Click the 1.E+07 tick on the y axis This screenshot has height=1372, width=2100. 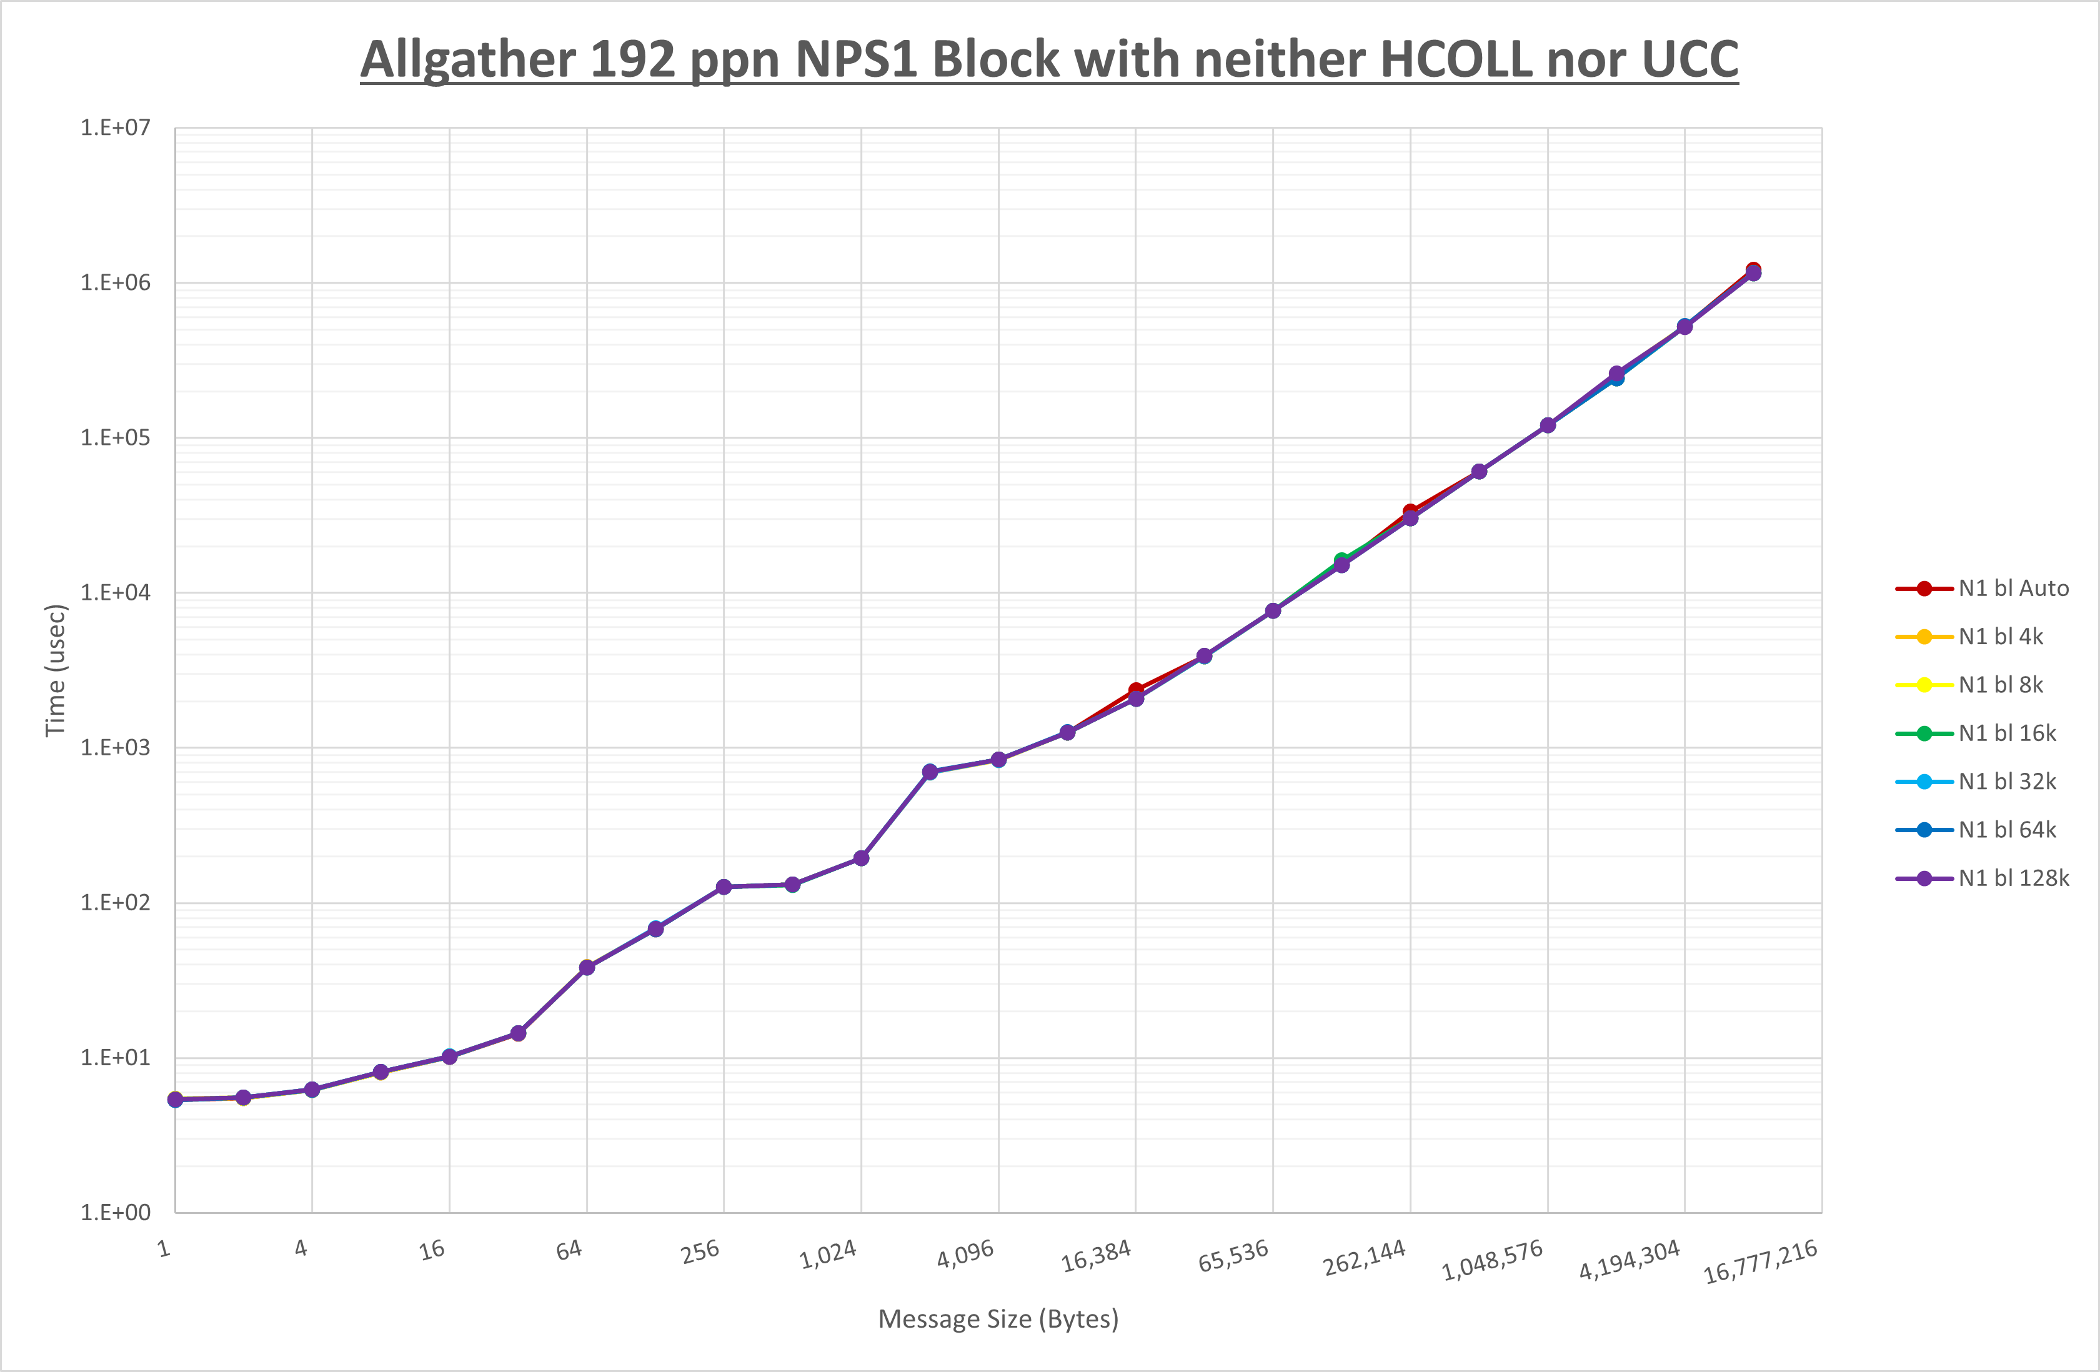click(116, 128)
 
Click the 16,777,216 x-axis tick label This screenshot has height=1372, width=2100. click(1760, 1261)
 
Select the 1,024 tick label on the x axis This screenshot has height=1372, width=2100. click(828, 1255)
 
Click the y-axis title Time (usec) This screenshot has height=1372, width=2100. click(56, 670)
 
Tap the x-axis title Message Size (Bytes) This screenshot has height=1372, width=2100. click(998, 1319)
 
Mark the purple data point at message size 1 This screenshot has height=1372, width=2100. click(175, 1100)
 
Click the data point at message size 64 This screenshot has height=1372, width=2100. click(587, 968)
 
